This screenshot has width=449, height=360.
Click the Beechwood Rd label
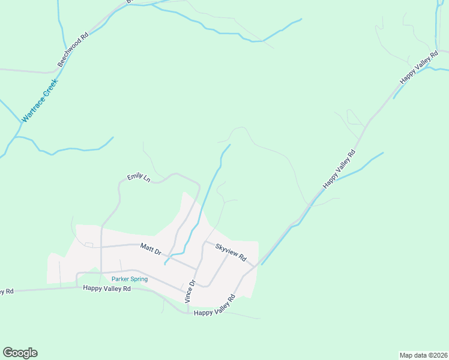(73, 49)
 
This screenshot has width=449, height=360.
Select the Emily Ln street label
(138, 178)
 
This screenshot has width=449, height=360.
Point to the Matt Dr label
(151, 249)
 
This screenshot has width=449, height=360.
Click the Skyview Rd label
(231, 252)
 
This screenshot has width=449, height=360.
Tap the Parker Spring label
(130, 279)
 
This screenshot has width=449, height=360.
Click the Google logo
(20, 353)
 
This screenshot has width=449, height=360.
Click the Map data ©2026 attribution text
(423, 355)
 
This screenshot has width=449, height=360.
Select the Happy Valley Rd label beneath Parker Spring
(107, 289)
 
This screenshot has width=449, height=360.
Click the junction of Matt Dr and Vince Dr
(197, 268)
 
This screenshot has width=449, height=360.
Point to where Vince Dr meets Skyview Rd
(205, 243)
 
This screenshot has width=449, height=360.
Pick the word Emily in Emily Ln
(134, 177)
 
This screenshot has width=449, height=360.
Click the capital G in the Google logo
(8, 353)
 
